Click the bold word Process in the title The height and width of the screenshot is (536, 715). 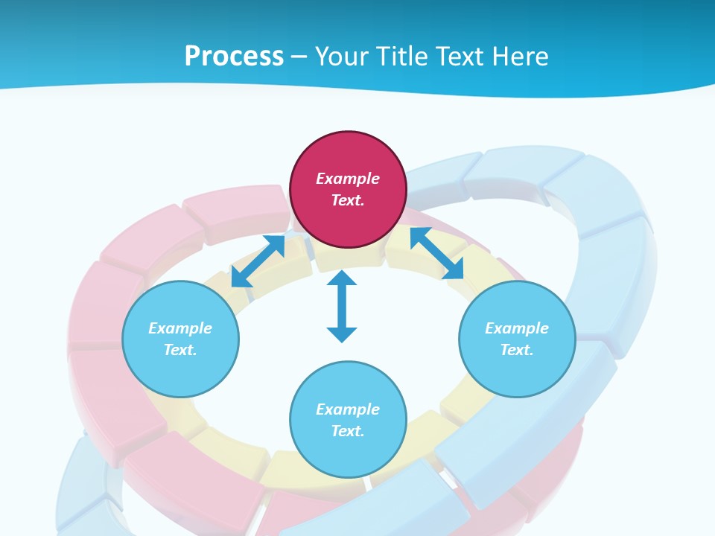[234, 57]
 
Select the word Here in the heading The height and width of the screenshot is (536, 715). [518, 57]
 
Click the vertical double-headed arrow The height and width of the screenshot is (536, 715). [342, 306]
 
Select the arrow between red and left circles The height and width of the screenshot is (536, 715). [258, 261]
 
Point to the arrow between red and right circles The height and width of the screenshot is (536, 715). [437, 254]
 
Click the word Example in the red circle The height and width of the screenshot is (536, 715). [348, 179]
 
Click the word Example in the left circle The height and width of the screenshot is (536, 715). [180, 328]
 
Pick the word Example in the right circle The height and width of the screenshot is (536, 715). [517, 328]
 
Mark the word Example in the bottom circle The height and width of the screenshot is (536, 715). [348, 409]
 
